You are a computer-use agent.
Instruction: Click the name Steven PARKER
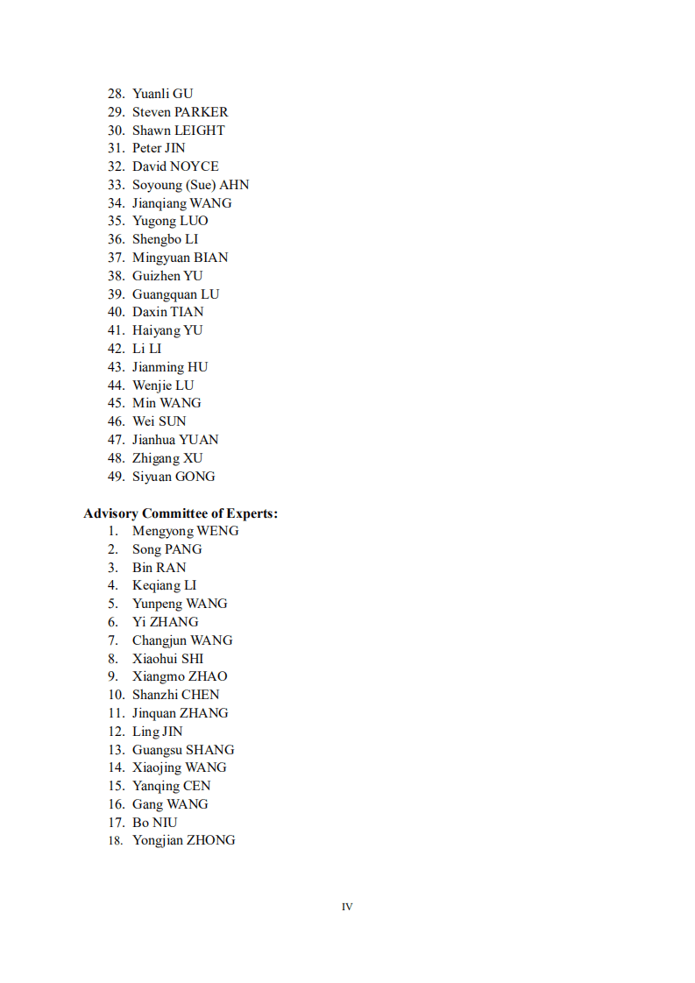point(180,112)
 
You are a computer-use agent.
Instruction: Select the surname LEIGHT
point(200,131)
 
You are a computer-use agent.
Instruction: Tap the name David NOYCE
point(175,166)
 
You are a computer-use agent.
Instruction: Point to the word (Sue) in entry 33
point(201,185)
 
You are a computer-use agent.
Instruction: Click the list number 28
point(116,94)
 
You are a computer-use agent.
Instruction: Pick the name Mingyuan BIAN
point(180,258)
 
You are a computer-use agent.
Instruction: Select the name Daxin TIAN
point(167,312)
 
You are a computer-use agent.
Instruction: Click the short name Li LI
point(146,349)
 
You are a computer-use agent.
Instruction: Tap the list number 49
point(116,477)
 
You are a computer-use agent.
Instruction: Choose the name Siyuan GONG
point(174,477)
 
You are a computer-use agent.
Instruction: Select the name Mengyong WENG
point(185,531)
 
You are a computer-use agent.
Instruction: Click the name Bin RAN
point(159,568)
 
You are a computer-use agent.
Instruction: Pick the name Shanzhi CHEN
point(175,695)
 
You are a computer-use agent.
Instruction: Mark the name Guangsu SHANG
point(183,750)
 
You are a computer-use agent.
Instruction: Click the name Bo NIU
point(154,823)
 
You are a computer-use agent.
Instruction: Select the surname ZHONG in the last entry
point(211,840)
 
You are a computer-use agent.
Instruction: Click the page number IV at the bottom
point(347,907)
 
